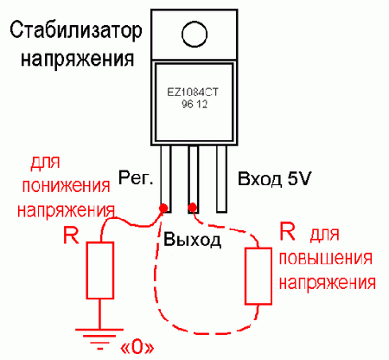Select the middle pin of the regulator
[194, 177]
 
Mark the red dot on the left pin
[163, 209]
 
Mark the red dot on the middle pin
[193, 209]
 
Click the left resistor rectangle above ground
[101, 270]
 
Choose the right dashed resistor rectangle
[257, 275]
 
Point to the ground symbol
[100, 335]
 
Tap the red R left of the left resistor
[72, 235]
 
